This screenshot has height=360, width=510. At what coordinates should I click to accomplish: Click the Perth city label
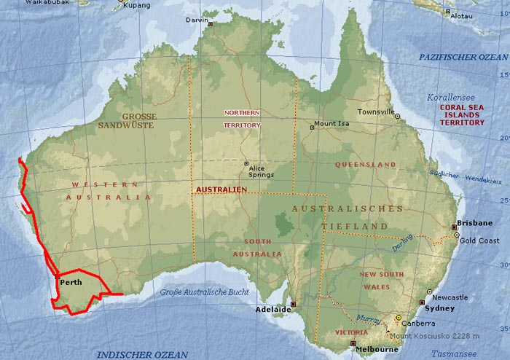click(71, 282)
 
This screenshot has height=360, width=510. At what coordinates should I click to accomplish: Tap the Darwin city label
click(197, 20)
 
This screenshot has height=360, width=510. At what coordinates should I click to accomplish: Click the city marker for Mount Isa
click(313, 126)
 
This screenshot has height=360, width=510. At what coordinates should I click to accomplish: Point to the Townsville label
click(375, 112)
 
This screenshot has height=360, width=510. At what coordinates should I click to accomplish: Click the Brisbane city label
click(474, 223)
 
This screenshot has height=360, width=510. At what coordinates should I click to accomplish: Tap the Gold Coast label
click(479, 240)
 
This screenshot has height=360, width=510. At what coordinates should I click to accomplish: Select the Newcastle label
click(450, 297)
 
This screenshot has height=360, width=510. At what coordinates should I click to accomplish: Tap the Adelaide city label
click(274, 310)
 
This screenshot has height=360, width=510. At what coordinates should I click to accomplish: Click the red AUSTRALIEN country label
click(222, 189)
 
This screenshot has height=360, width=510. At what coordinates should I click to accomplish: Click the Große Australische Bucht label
click(204, 293)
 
